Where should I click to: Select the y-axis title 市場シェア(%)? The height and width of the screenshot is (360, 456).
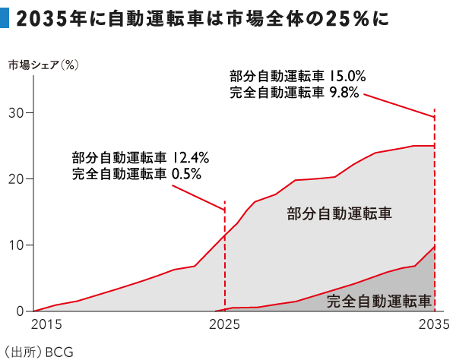44,65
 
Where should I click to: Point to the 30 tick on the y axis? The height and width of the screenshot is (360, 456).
16,113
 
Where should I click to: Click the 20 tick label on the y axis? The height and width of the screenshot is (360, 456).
16,179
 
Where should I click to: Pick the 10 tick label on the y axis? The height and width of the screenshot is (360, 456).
16,245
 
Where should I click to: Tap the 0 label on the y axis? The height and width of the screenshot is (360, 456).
20,311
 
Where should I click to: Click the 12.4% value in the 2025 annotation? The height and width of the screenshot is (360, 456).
189,157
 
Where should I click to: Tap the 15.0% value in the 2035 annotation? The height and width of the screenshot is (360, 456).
347,76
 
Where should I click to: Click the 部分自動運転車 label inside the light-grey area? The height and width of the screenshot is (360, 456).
339,213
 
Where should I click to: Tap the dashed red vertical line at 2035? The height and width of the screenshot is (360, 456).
434,228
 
